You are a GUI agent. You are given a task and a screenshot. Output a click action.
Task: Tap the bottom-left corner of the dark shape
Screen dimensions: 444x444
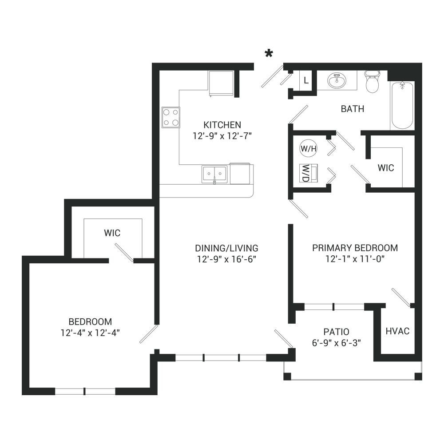pos(22,394)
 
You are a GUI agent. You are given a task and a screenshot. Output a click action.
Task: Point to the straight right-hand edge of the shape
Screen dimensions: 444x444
pos(422,222)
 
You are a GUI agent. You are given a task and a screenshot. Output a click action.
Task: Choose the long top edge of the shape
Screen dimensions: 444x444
pos(266,49)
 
